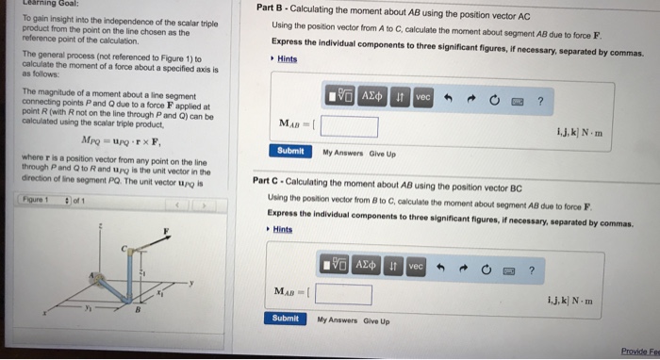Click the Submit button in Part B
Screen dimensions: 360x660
coord(291,151)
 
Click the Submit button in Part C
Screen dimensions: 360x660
coord(285,319)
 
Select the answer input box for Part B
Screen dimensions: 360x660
coord(350,126)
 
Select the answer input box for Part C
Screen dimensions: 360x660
coord(343,295)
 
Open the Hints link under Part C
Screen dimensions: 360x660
coord(281,229)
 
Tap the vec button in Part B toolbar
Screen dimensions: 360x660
coord(422,97)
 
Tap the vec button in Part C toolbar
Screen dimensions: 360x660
coord(416,268)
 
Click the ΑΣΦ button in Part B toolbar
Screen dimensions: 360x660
coord(372,97)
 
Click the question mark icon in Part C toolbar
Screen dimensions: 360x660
coord(533,270)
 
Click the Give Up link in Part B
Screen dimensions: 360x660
coord(383,152)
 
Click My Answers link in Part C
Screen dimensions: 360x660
coord(336,320)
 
